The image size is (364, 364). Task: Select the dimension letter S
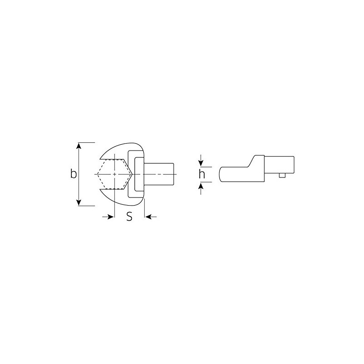129,217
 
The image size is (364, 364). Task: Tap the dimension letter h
202,174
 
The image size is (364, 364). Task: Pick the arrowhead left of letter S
110,217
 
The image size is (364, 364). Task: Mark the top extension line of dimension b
86,142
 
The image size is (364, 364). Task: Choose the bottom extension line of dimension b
86,206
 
